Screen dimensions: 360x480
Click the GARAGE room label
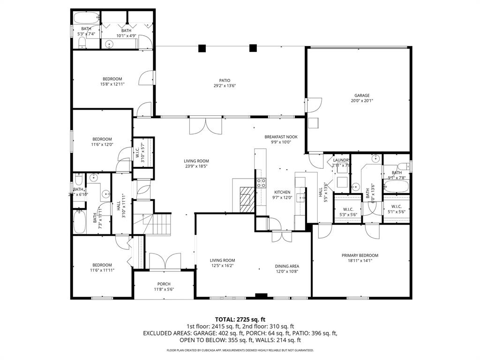[361, 95]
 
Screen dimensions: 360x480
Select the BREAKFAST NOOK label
[281, 136]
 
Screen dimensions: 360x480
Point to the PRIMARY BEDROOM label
[360, 255]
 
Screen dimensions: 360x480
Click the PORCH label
[164, 284]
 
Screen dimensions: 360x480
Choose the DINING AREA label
[287, 266]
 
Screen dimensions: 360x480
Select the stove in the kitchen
[261, 183]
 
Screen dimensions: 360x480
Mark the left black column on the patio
[202, 48]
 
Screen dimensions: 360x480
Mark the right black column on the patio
[253, 47]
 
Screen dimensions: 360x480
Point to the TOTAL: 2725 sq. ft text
[240, 319]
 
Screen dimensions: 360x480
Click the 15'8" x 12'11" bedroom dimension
[112, 84]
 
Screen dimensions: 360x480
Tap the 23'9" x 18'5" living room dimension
[196, 166]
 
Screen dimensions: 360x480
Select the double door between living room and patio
[205, 125]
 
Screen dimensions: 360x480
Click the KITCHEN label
[282, 192]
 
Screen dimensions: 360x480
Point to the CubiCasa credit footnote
[240, 350]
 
